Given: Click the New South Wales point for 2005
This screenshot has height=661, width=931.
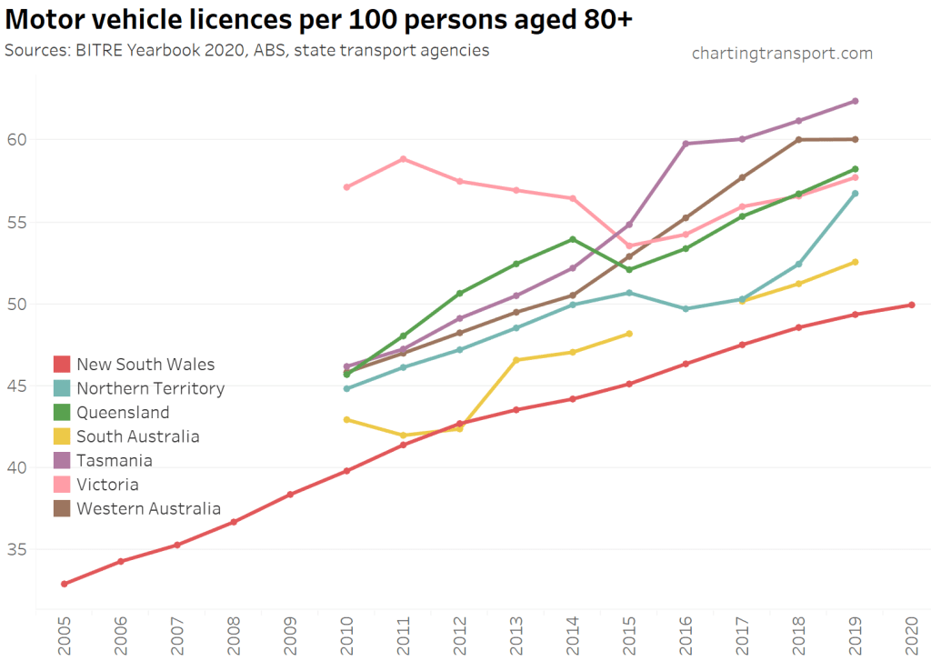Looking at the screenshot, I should (64, 584).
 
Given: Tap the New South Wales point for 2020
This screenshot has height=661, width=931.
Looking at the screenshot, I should (912, 305).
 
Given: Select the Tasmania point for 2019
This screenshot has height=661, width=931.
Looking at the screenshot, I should (856, 101).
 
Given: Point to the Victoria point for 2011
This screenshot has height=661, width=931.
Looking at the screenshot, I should (403, 159).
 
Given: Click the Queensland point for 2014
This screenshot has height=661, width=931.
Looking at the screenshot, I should (573, 239).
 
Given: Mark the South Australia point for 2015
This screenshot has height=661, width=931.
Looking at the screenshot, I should (629, 334).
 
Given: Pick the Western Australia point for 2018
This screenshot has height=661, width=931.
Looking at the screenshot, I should (799, 139).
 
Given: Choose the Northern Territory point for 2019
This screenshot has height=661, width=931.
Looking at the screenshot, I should (856, 194).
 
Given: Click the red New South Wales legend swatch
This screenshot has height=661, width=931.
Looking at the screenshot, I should (62, 365).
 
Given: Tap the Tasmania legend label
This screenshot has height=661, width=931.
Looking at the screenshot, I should (115, 460).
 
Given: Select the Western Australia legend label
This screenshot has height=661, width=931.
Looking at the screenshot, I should (148, 508).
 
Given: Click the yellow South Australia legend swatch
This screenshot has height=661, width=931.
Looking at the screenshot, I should (62, 436).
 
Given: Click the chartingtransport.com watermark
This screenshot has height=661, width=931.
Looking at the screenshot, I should (782, 54).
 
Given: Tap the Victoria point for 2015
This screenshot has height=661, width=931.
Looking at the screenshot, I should (629, 245).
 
